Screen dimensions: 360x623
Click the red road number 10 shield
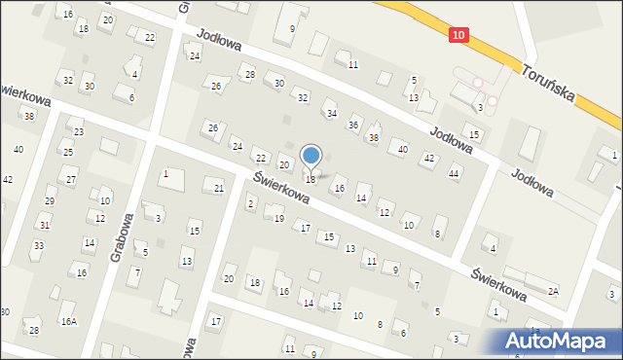click(x=459, y=35)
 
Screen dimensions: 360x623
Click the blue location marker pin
click(x=311, y=157)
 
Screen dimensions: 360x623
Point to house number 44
click(x=454, y=173)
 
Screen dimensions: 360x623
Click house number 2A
click(x=553, y=291)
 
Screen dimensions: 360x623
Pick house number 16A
click(x=68, y=321)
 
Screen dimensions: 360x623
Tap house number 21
click(x=219, y=188)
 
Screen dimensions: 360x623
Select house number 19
click(x=279, y=219)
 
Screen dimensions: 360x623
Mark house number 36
click(x=353, y=125)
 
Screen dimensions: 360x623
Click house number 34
click(x=331, y=114)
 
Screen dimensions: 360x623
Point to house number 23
click(x=78, y=132)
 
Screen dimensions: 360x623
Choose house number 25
click(x=68, y=153)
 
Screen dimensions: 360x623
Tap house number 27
click(x=71, y=181)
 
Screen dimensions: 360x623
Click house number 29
click(x=50, y=201)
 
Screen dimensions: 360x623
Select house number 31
click(x=45, y=225)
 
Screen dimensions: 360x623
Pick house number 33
click(x=38, y=245)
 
